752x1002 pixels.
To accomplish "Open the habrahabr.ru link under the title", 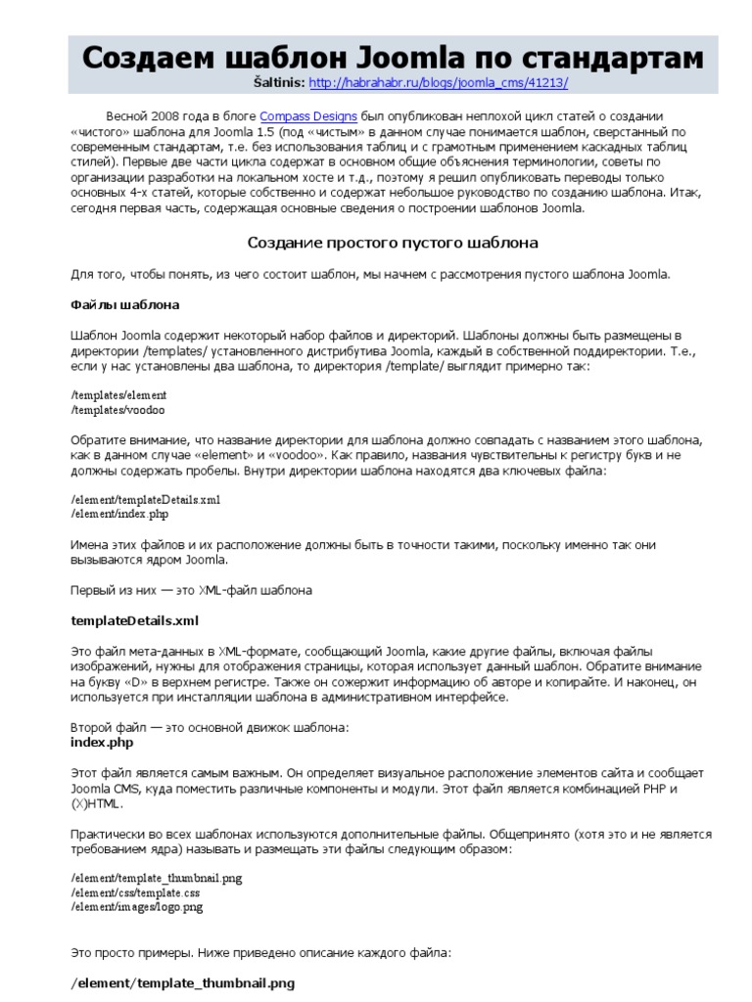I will pos(438,84).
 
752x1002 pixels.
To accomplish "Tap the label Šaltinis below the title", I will pos(278,84).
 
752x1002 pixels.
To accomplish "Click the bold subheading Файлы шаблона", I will pos(124,304).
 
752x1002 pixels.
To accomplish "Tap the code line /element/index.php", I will pos(119,514).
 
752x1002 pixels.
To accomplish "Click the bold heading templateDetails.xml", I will pos(135,620).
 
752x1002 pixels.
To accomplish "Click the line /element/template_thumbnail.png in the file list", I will pos(156,879).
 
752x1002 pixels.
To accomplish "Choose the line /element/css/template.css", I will pos(135,893).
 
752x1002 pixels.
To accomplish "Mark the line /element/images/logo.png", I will pos(137,908).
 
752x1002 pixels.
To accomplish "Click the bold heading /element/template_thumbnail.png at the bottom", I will pos(183,981).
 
